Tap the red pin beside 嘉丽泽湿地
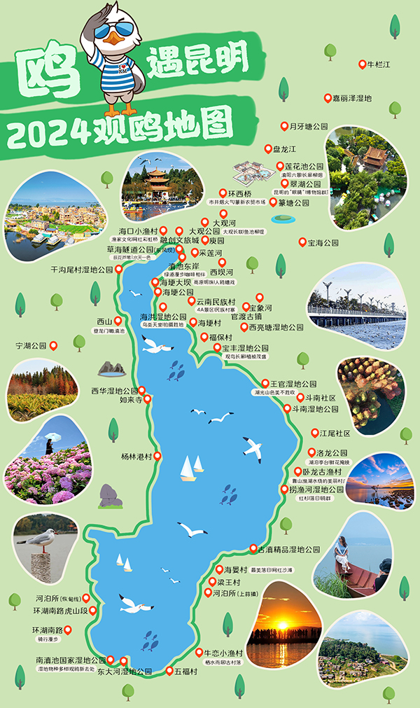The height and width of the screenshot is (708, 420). tap(326, 98)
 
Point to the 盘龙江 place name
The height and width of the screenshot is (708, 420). tap(284, 149)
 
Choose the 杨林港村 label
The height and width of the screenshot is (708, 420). tap(136, 457)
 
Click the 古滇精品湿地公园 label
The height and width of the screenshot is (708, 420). tap(289, 550)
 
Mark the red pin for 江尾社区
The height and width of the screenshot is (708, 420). tap(312, 432)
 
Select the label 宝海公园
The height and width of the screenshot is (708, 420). tap(323, 243)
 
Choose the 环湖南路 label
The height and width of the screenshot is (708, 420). tap(48, 630)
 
